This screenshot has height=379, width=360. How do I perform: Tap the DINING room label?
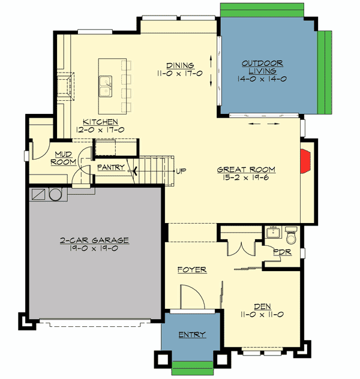tap(180, 65)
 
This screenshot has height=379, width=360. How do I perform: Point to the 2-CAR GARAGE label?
tap(94, 240)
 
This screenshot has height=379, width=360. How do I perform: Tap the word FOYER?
tap(192, 270)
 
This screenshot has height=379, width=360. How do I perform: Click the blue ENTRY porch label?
tap(191, 335)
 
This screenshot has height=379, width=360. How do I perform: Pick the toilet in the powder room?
tap(291, 231)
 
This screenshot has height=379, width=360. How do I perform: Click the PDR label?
tap(282, 252)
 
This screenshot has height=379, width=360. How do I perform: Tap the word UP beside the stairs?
tap(180, 171)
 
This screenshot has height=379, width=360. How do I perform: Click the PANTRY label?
tap(110, 167)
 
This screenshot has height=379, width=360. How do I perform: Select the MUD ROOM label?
tap(64, 158)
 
